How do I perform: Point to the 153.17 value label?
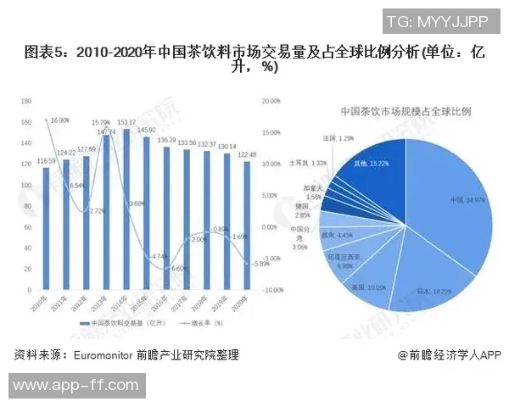(x=126, y=123)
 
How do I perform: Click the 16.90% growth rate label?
(x=60, y=120)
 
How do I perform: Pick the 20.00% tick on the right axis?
(x=272, y=101)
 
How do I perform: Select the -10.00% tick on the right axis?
(x=272, y=290)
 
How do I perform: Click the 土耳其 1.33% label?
(x=308, y=162)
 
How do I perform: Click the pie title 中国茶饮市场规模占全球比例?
(x=406, y=111)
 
